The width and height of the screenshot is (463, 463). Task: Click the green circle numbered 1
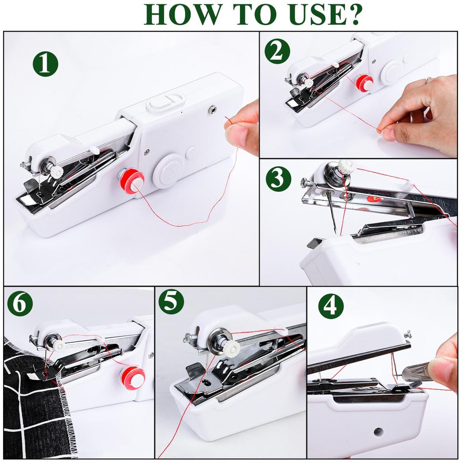coord(45,64)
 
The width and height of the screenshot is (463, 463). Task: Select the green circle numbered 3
coord(278,179)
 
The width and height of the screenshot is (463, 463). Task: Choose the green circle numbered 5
coord(171,302)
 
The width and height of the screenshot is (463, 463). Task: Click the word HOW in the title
coord(176,14)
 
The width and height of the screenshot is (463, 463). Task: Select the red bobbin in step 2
coord(364,83)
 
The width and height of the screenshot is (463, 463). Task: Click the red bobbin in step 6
coord(133,377)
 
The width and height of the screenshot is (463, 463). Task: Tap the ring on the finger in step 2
coord(428,80)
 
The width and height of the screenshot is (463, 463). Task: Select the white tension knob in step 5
coord(231,348)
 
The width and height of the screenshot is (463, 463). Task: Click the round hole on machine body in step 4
coord(378,432)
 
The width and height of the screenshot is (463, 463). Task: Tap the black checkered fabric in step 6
coord(32,407)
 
